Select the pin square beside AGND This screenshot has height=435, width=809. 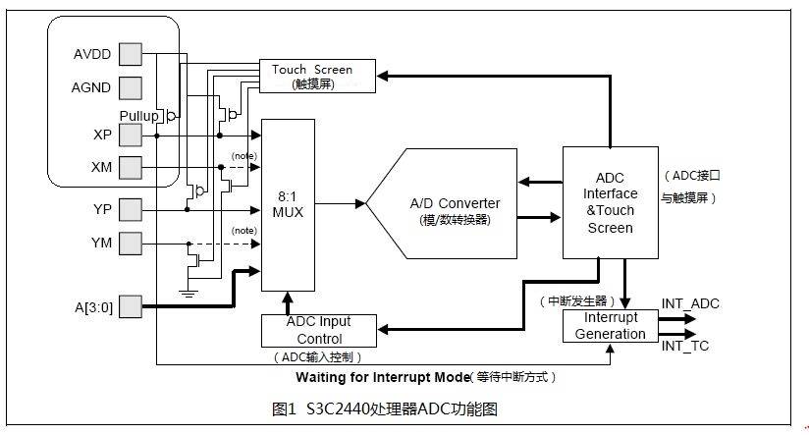pos(131,88)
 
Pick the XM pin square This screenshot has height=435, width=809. pos(131,168)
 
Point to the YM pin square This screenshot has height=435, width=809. pos(131,242)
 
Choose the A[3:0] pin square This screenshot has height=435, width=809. pos(131,307)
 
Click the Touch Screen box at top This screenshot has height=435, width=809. pos(318,76)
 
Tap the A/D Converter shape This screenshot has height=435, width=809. pos(447,203)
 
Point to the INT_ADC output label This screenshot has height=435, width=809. pos(690,303)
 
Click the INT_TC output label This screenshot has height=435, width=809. pos(684,345)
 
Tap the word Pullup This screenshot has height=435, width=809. pos(139,116)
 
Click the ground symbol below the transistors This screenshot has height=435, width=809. pos(187,292)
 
